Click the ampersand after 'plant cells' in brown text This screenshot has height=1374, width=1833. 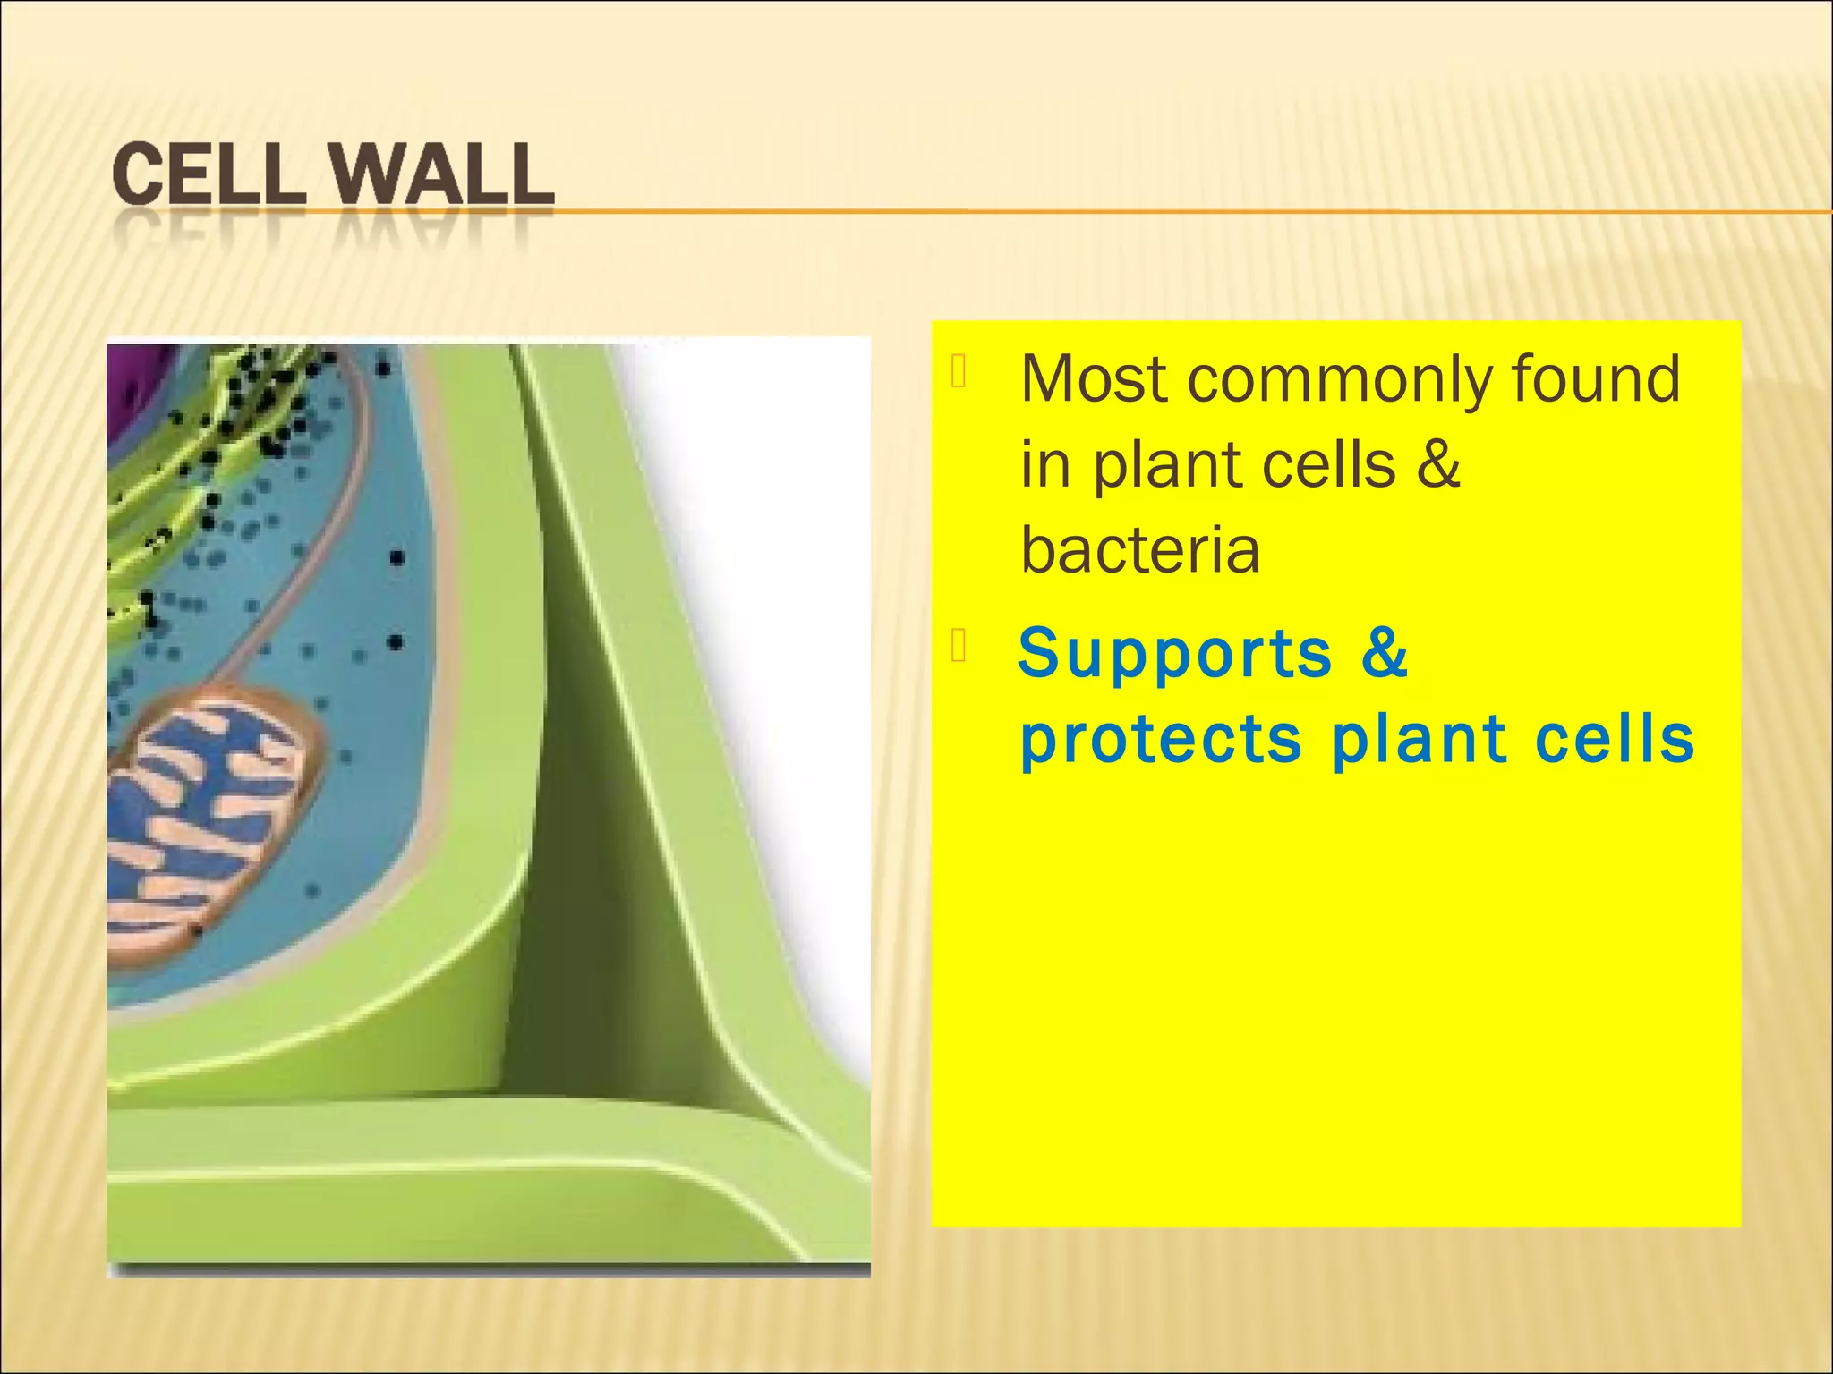click(1438, 464)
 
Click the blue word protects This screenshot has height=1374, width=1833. click(1160, 742)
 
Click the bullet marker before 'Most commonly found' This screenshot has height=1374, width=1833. click(958, 372)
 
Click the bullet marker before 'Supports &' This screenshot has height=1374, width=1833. click(958, 646)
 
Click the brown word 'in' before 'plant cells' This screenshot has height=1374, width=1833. click(1044, 464)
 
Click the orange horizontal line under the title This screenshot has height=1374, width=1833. click(1164, 212)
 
